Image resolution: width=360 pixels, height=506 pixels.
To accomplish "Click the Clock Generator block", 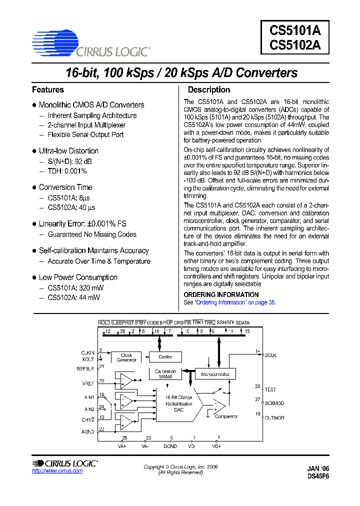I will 126,357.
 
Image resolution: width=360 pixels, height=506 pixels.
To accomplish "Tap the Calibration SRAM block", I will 165,374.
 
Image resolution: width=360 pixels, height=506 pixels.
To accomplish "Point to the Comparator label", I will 226,416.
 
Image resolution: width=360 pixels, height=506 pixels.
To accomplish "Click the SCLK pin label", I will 270,355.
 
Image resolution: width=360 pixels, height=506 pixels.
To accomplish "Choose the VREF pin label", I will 88,383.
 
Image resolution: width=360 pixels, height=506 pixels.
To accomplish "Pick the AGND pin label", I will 87,431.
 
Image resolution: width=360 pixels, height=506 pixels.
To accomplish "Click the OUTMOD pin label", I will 274,417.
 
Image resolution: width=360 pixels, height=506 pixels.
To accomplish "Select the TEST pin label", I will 270,389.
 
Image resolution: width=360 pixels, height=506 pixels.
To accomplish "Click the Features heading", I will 48,90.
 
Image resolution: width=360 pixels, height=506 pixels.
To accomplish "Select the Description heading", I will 208,90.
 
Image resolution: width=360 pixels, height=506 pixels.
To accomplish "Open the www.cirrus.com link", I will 57,471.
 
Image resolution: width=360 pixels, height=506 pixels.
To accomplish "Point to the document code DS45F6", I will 318,476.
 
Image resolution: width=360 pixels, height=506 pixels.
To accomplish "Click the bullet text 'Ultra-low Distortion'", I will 68,151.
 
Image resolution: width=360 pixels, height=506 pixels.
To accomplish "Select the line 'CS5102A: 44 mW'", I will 73,297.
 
